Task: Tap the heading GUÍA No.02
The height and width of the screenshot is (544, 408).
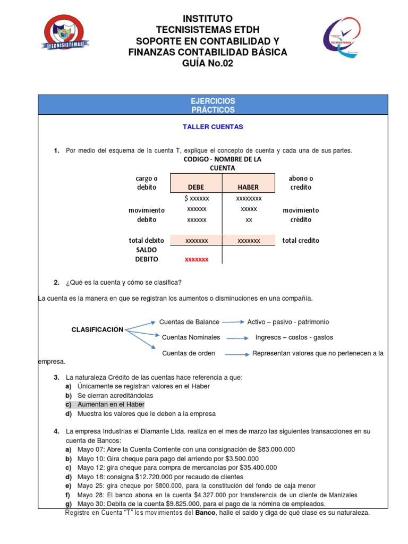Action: click(208, 64)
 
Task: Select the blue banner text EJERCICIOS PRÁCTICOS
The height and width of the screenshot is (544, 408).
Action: click(212, 105)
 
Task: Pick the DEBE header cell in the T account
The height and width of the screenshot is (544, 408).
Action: click(196, 188)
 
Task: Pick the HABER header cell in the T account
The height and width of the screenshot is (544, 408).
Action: click(249, 188)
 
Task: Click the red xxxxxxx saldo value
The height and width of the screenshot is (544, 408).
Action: click(197, 259)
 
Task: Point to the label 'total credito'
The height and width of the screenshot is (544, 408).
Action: click(301, 241)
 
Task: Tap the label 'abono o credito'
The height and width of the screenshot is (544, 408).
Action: click(301, 183)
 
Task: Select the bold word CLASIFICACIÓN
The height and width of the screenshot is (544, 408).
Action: click(97, 330)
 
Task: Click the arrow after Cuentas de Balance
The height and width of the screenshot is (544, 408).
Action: click(234, 322)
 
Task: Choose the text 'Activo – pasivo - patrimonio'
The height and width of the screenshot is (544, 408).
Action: click(288, 322)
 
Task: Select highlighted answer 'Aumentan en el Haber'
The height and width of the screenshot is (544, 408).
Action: click(110, 405)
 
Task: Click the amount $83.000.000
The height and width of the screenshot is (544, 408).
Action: click(276, 449)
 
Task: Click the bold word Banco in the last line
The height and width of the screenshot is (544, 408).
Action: click(206, 513)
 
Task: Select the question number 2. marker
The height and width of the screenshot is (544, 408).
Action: click(56, 282)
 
